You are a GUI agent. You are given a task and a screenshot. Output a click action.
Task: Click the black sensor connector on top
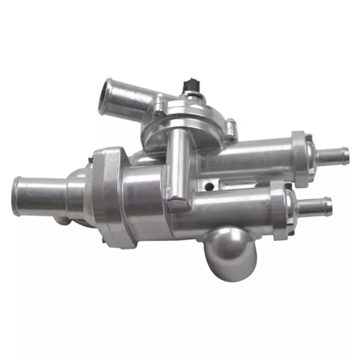(x=190, y=86)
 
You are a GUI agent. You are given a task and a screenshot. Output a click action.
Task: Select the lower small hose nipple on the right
(x=315, y=207)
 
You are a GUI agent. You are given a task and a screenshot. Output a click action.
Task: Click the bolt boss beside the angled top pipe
(x=158, y=104)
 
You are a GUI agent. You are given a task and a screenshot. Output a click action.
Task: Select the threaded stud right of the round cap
(x=231, y=129)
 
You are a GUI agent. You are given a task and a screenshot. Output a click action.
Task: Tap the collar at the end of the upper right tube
(x=302, y=157)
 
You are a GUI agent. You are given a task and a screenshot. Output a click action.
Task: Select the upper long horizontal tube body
(x=247, y=157)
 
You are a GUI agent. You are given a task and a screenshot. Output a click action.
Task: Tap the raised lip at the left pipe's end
(x=17, y=196)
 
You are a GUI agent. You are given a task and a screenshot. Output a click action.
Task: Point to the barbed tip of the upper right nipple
(x=345, y=155)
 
